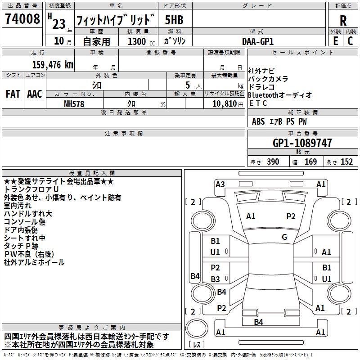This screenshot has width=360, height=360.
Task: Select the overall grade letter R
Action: click(x=343, y=20)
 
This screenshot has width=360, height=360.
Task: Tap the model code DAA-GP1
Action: click(x=258, y=41)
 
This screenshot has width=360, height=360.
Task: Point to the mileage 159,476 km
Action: click(x=53, y=65)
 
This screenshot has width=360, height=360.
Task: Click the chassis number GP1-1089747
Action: click(x=302, y=143)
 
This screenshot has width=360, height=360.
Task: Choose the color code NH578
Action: click(x=74, y=103)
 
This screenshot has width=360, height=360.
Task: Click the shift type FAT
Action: click(x=13, y=94)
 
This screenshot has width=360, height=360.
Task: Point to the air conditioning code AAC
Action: click(x=35, y=94)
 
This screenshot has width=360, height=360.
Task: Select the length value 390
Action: click(x=273, y=162)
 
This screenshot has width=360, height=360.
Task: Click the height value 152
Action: click(x=346, y=162)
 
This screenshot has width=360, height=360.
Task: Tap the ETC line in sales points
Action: click(x=258, y=103)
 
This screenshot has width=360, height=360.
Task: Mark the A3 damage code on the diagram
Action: click(x=220, y=184)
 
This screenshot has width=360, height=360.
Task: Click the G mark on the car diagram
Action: click(x=284, y=237)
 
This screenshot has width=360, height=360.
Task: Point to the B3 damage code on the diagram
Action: click(x=216, y=279)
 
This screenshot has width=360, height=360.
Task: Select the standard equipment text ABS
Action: click(x=258, y=121)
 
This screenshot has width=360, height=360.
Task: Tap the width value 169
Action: click(x=311, y=162)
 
